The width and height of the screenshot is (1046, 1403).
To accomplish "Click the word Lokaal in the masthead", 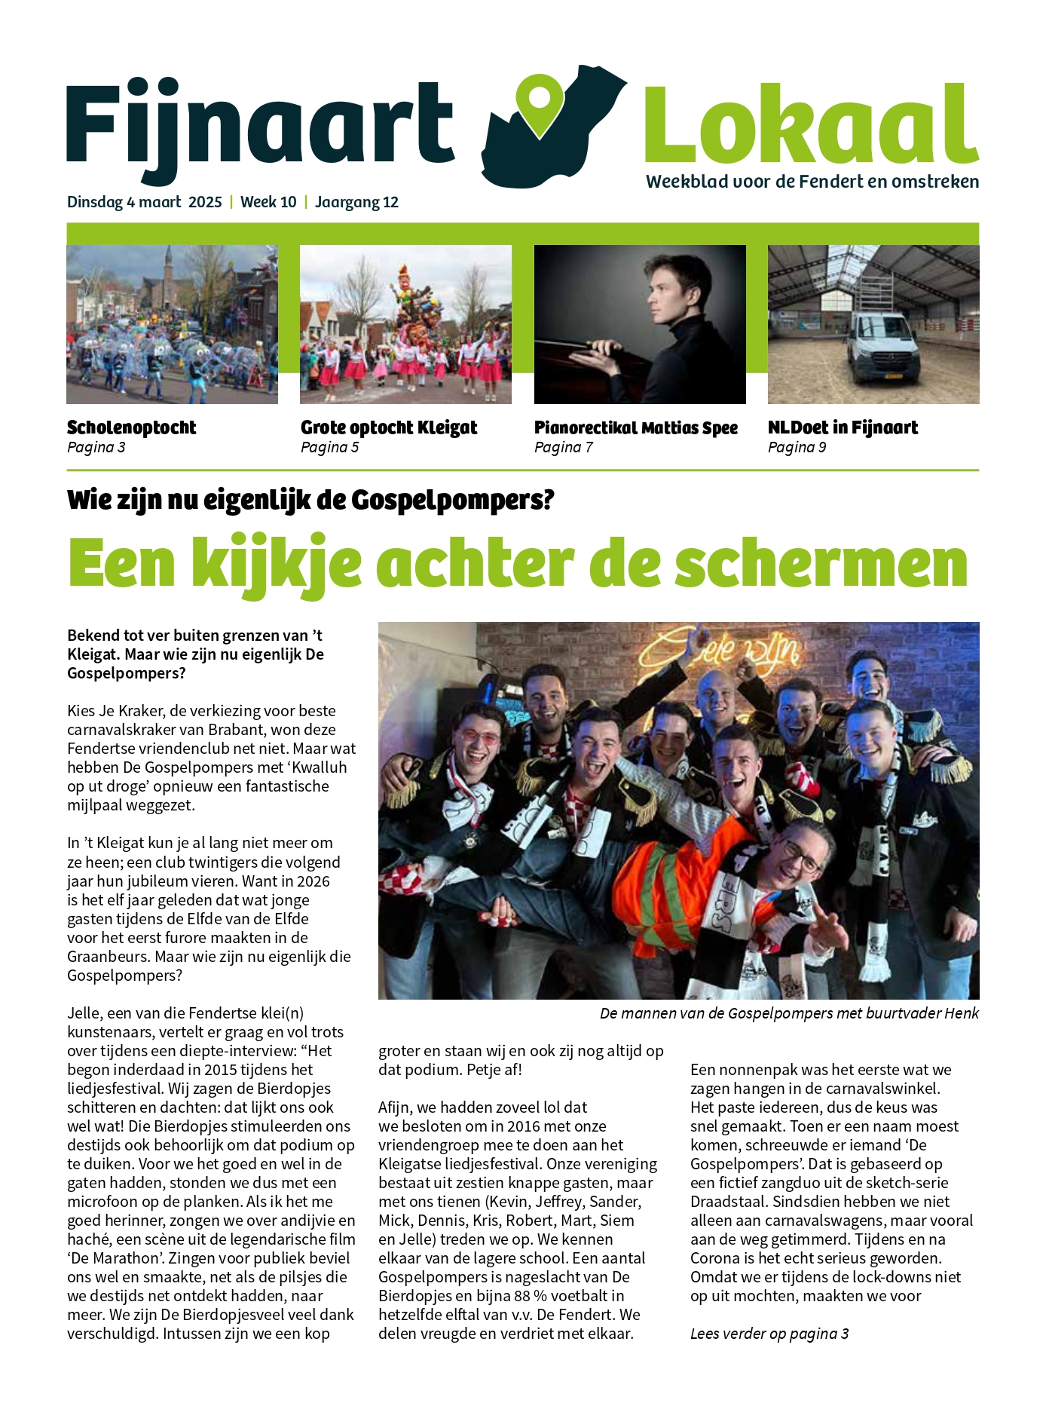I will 810,124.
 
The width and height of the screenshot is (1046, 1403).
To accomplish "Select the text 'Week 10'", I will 268,202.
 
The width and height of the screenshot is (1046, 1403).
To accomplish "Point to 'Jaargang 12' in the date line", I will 356,202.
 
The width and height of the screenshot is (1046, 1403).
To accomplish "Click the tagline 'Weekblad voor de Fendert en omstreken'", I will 812,182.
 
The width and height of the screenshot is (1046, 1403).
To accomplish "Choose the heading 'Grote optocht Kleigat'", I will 389,427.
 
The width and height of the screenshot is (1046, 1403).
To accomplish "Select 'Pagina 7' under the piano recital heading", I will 563,447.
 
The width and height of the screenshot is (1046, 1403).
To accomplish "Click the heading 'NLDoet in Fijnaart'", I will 843,427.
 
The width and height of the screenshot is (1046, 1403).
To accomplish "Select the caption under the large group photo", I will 789,1013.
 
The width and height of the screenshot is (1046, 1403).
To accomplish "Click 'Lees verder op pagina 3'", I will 769,1334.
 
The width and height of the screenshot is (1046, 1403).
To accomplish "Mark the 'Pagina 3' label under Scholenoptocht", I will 96,447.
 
